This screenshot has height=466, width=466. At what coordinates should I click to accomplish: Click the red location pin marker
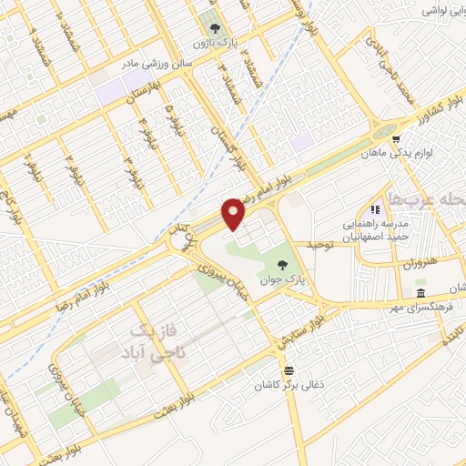click(234, 214)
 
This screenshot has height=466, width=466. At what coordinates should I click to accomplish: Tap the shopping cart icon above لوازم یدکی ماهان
click(395, 138)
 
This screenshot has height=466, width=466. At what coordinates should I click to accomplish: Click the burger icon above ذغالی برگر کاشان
click(289, 370)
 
